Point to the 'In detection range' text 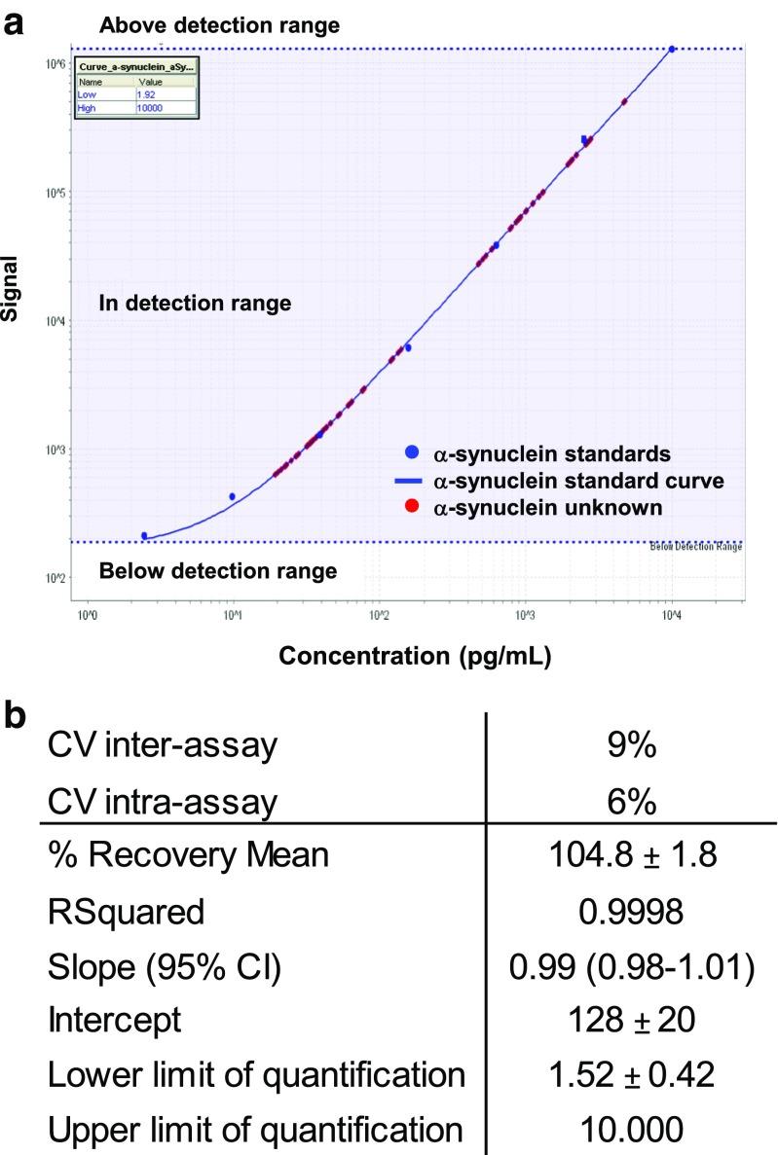[195, 304]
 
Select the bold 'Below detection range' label [218, 570]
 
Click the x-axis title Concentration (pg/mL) [416, 658]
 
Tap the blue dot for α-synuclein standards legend [412, 452]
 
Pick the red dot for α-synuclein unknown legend [412, 507]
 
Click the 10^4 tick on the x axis [671, 615]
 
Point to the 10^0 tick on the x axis [86, 615]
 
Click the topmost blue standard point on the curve [672, 49]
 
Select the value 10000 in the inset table [151, 108]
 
